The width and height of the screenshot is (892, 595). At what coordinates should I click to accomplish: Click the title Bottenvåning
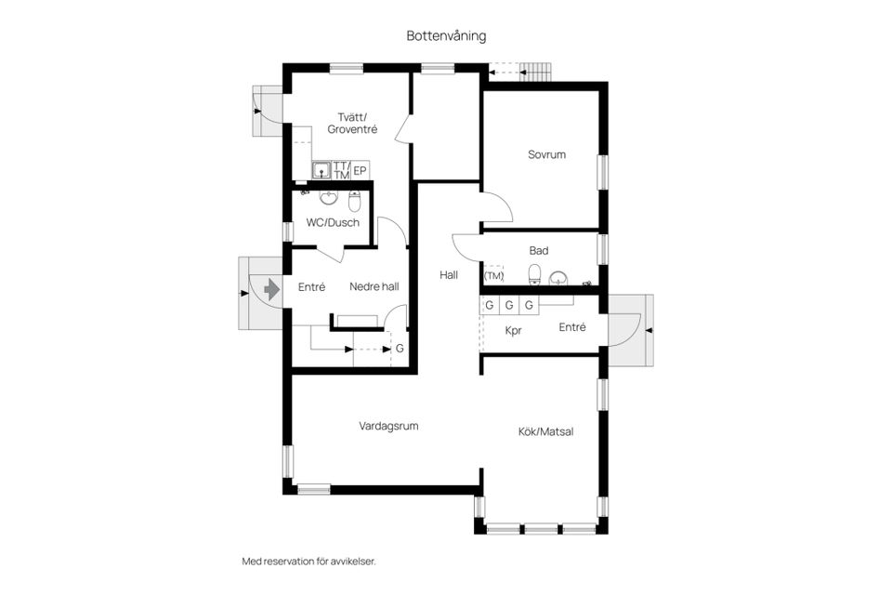pos(446,35)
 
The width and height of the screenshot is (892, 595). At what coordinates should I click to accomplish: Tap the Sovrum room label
pos(546,155)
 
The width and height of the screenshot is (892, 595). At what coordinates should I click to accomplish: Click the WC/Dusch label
pos(333,222)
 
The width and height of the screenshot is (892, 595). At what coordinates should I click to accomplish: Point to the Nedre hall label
pos(374,287)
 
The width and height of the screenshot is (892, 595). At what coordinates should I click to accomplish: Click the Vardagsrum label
pos(388,427)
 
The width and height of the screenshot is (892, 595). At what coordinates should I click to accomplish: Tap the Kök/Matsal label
pos(545,431)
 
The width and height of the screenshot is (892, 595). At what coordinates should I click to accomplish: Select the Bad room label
pos(539,251)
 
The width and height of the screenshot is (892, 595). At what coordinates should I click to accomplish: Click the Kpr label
pos(513,330)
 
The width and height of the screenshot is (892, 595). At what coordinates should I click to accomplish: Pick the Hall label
pos(450,275)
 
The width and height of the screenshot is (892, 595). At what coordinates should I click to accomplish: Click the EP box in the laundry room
pos(360,170)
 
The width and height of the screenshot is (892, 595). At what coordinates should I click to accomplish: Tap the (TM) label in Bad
pos(493,276)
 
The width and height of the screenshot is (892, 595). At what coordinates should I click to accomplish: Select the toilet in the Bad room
pos(534,275)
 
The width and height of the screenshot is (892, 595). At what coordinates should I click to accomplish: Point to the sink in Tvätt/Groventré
pos(321,170)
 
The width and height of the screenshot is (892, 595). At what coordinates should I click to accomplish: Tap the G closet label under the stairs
pos(400,349)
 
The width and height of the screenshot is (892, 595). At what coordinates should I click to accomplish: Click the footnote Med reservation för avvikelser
pos(308,562)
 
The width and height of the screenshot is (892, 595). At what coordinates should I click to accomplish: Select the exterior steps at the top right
pos(535,71)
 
